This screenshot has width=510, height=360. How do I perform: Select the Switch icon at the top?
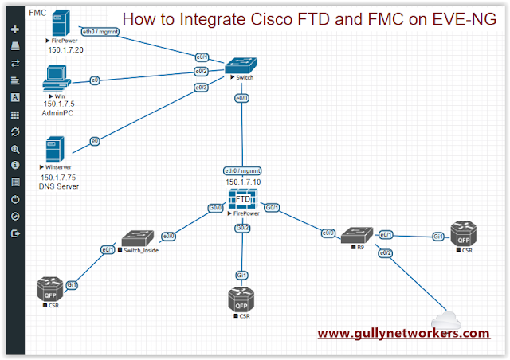(x=240, y=65)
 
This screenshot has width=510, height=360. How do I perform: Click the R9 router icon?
(x=355, y=235)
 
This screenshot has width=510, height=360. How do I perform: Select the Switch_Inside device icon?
(x=137, y=237)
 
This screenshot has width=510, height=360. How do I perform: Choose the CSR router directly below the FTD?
(x=241, y=301)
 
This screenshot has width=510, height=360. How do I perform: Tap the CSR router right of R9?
(x=464, y=235)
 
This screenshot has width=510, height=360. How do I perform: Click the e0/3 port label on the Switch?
(x=202, y=88)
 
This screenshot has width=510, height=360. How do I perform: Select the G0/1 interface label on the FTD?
(x=272, y=208)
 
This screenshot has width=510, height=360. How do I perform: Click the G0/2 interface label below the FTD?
(x=242, y=229)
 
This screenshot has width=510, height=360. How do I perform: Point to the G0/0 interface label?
(x=214, y=208)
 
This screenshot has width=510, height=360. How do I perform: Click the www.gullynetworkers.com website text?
(x=403, y=333)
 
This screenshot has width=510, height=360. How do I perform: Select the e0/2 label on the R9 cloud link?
(x=386, y=253)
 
